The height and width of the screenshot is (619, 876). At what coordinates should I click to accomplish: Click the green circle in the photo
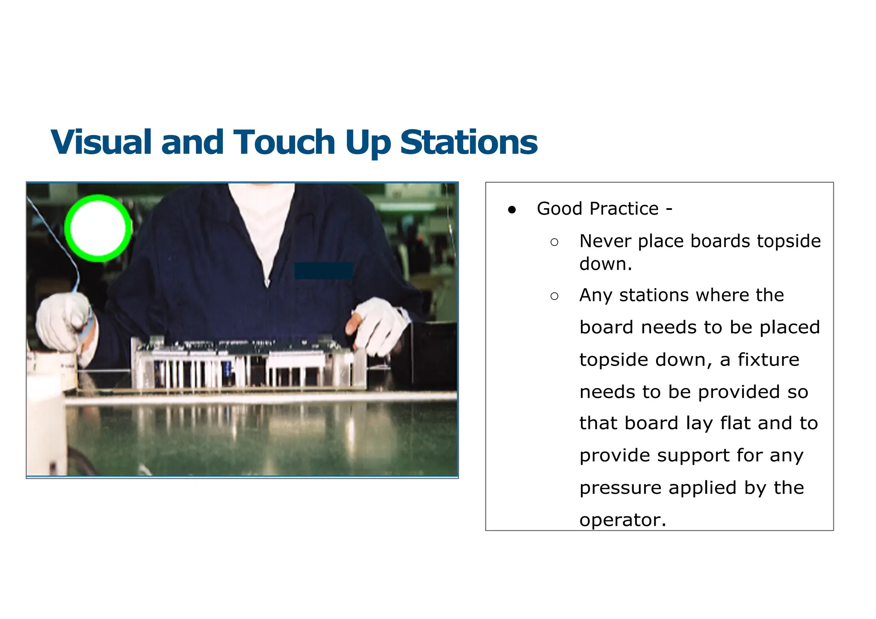[98, 228]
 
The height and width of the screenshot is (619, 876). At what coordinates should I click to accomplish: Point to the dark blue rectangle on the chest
[324, 271]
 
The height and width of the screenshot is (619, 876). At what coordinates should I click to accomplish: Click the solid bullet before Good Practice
[512, 209]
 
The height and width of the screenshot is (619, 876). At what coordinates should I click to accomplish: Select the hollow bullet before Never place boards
[554, 242]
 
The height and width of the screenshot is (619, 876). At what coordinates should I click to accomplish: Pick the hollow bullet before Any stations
[554, 296]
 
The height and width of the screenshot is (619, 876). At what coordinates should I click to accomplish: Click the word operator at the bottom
[622, 520]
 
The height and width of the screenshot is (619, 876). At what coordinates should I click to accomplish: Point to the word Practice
[624, 209]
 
